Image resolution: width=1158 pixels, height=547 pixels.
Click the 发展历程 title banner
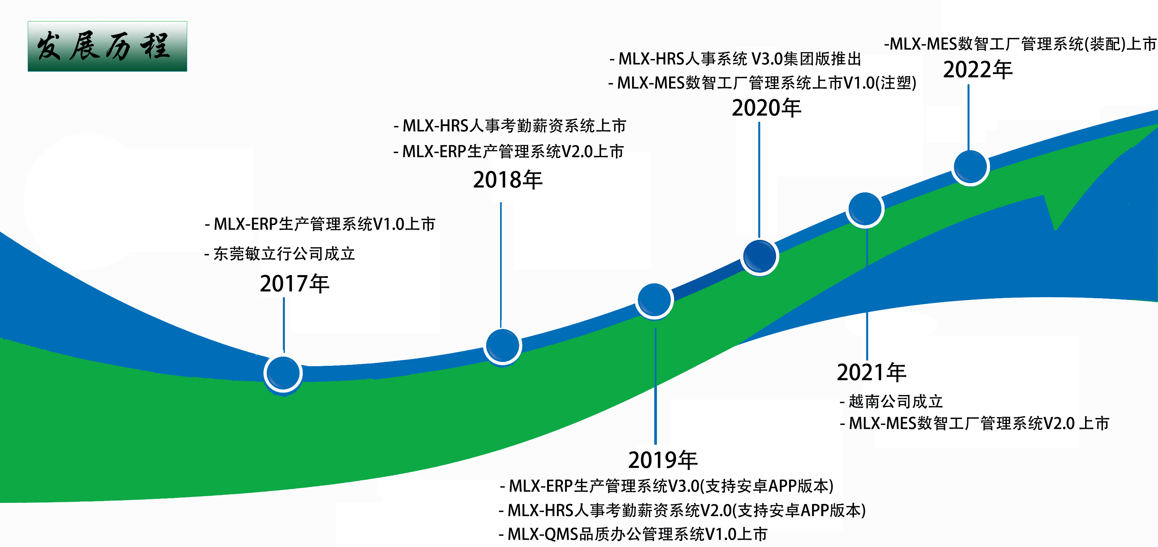[x=107, y=46]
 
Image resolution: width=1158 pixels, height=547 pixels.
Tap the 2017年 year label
[x=294, y=284]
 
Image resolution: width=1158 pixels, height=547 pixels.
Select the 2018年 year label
[x=507, y=179]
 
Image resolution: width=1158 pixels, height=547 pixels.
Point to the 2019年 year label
[x=663, y=460]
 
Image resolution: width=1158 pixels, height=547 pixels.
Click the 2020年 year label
[x=766, y=108]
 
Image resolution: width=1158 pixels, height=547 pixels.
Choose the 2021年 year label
[x=871, y=372]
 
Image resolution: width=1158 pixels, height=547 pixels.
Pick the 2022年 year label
[x=978, y=70]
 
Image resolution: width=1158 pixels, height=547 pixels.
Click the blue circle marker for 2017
[x=283, y=373]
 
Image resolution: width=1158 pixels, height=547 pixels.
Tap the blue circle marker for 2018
[x=502, y=346]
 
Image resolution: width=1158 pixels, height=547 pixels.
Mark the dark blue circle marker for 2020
[x=759, y=256]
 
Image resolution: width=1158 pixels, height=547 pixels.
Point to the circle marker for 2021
[x=865, y=209]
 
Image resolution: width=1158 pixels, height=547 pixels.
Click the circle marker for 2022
[x=971, y=167]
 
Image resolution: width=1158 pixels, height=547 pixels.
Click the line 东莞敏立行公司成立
[x=280, y=254]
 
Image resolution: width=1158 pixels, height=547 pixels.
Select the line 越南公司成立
[x=891, y=401]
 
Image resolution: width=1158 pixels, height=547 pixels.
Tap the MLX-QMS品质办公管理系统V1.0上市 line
[x=633, y=534]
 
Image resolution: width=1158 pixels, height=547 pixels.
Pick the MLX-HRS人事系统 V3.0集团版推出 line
[x=735, y=58]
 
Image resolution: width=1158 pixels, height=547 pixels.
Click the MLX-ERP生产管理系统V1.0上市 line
[x=320, y=224]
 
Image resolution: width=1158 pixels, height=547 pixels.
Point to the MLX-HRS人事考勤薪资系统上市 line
[x=510, y=126]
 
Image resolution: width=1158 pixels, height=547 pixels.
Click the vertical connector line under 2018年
[x=501, y=265]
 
